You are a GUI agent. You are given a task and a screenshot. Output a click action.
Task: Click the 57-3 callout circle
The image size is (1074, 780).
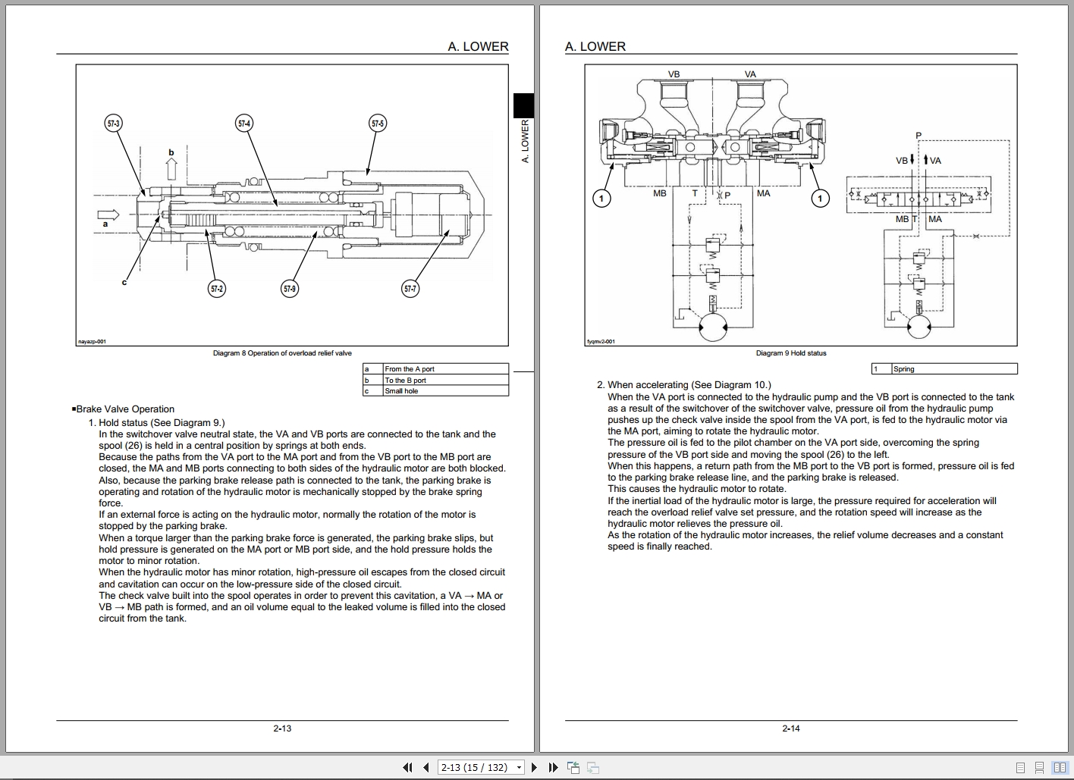[x=113, y=123]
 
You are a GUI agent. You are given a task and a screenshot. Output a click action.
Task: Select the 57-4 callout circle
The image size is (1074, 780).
[x=243, y=123]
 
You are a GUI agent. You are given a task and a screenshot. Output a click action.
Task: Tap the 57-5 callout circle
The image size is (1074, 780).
[x=377, y=123]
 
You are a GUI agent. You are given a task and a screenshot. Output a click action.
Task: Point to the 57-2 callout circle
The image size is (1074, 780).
[x=217, y=288]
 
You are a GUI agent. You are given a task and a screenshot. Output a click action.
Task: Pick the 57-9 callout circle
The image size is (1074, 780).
[x=289, y=288]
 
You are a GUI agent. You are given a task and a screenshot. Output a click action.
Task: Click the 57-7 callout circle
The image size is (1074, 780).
[x=410, y=288]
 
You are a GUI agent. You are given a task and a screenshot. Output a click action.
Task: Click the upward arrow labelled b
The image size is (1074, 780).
[x=171, y=168]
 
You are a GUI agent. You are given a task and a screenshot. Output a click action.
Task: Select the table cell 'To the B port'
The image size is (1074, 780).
[x=444, y=381]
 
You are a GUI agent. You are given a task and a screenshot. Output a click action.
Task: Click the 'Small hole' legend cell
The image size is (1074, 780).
[x=444, y=391]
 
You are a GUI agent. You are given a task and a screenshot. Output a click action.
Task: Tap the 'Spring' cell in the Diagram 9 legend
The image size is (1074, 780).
[x=953, y=369]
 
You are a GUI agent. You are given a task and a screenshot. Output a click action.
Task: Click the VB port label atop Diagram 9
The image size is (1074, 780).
[x=674, y=74]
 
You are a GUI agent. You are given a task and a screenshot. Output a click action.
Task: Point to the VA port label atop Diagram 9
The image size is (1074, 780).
[x=750, y=74]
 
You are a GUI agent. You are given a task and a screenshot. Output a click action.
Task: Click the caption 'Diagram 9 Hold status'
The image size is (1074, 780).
[x=790, y=353]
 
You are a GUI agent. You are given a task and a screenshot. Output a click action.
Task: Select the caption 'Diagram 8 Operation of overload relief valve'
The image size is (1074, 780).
[x=282, y=353]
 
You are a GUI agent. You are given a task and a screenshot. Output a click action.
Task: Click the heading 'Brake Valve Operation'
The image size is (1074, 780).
[x=124, y=409]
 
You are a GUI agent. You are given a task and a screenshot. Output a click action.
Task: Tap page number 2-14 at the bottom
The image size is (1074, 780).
[x=790, y=728]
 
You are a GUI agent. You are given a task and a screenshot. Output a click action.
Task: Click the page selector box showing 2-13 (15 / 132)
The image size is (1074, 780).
[x=481, y=767]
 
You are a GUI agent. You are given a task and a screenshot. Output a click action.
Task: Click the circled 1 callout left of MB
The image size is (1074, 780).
[x=601, y=199]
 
